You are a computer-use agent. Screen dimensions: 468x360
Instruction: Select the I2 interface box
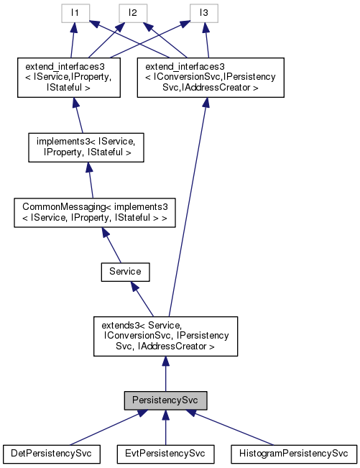133,13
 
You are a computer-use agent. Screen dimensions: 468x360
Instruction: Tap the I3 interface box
203,13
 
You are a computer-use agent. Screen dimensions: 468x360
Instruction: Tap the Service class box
125,272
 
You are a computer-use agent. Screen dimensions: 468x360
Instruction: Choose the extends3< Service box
166,336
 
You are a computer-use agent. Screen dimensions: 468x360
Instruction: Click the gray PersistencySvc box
165,399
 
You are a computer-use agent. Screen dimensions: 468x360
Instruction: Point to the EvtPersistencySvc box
165,454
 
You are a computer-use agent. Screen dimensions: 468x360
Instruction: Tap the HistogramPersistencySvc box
293,454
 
